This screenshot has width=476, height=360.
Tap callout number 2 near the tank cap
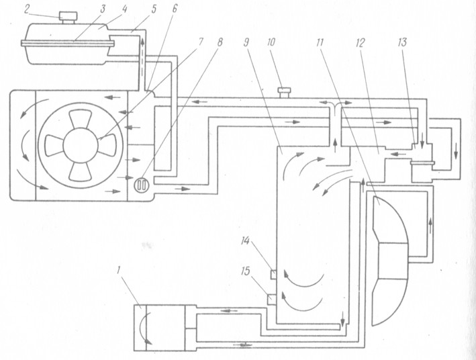point(27,9)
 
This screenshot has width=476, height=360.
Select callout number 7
point(200,42)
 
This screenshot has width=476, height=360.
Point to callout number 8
point(220,42)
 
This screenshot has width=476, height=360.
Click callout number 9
point(246,42)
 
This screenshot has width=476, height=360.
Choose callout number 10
point(271,42)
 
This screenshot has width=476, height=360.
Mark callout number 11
point(319,42)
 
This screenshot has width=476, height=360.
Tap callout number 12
point(359,43)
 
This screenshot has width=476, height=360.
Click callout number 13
point(402,42)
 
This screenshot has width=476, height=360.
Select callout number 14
point(245,241)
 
